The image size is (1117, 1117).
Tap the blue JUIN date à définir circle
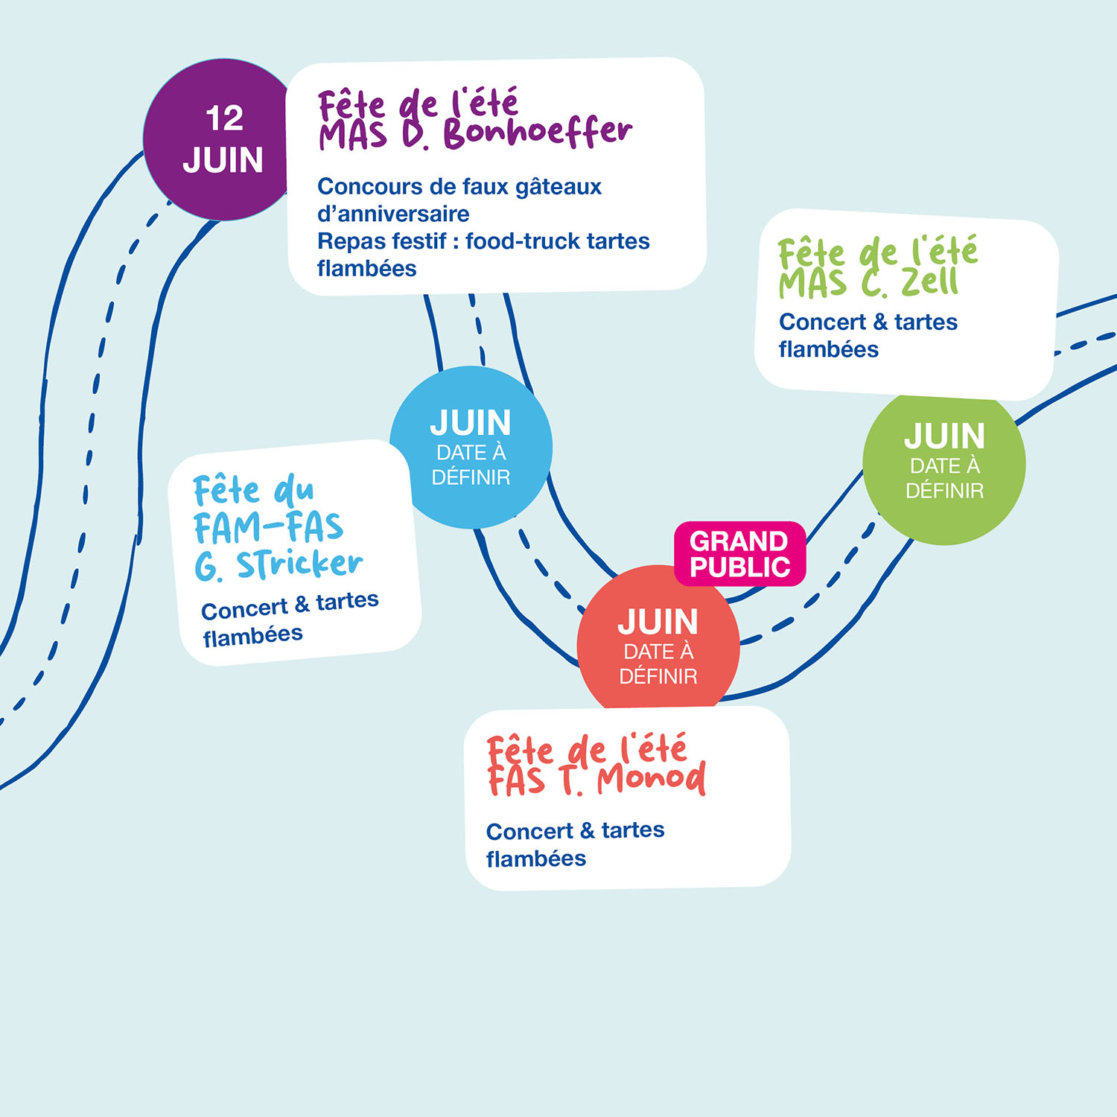(471, 447)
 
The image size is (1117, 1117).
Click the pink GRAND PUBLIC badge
(739, 553)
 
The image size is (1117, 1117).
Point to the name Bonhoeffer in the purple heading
(538, 133)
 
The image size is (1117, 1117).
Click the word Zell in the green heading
(930, 282)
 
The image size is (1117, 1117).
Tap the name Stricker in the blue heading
(300, 564)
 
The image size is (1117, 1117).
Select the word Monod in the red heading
(652, 779)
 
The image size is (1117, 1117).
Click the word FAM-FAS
(269, 527)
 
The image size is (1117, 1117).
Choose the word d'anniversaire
(393, 214)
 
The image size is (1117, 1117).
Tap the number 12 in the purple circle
(224, 119)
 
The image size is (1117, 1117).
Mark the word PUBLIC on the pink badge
(739, 567)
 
